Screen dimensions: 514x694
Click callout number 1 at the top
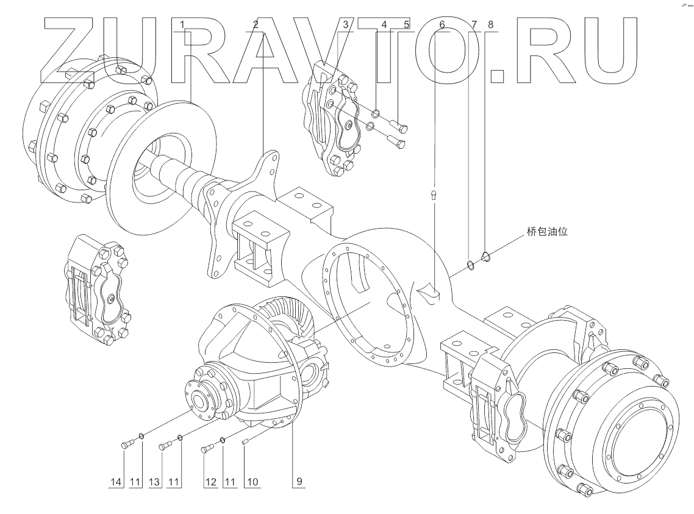(182, 25)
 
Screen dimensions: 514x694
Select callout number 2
(256, 25)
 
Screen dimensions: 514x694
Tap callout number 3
(345, 25)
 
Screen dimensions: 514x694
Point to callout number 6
(442, 25)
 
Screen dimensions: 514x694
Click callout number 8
(491, 25)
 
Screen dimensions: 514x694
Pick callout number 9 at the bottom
(299, 482)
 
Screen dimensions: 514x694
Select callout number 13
(155, 482)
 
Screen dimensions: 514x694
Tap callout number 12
(210, 482)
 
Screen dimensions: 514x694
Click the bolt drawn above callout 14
(127, 444)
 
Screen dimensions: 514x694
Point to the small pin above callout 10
(245, 441)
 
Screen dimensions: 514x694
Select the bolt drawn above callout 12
(207, 449)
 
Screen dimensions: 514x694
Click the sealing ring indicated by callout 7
(470, 263)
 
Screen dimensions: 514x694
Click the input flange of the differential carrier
(201, 399)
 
